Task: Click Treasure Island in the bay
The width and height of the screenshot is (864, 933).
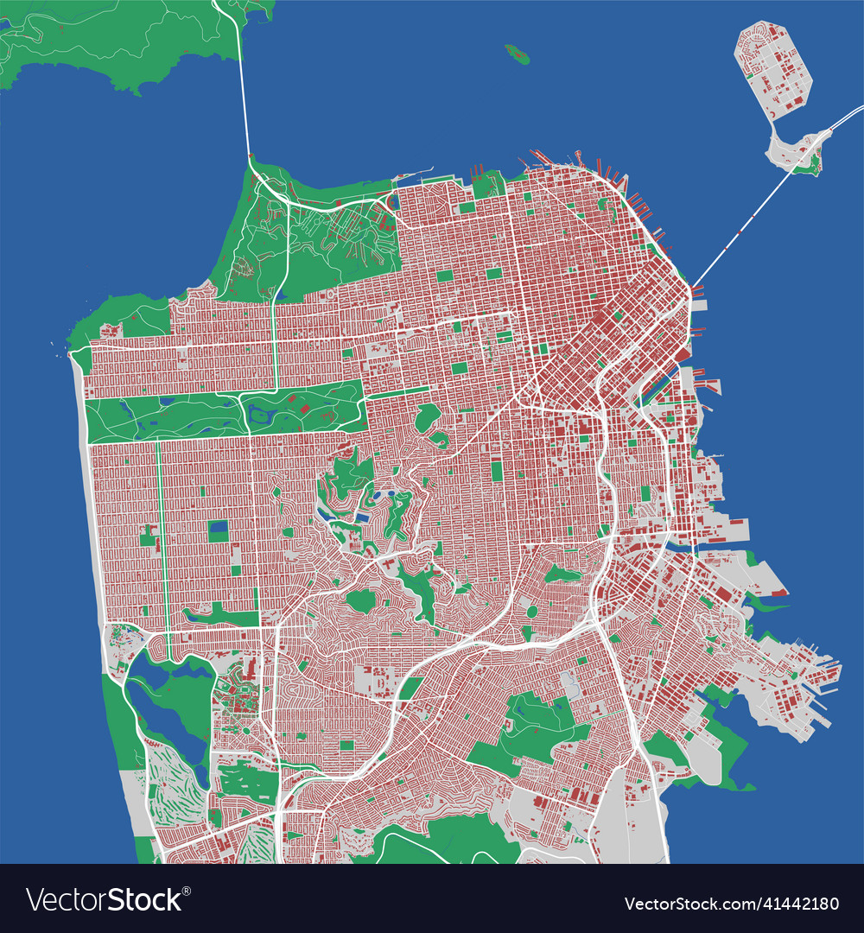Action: coord(772,73)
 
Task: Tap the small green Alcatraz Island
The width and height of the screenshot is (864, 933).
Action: coord(517,54)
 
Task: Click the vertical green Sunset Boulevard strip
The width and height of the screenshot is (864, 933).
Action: coord(162,536)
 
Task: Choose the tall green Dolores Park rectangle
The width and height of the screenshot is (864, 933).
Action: coord(497,471)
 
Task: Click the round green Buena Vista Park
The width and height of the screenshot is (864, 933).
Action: coord(427,418)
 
